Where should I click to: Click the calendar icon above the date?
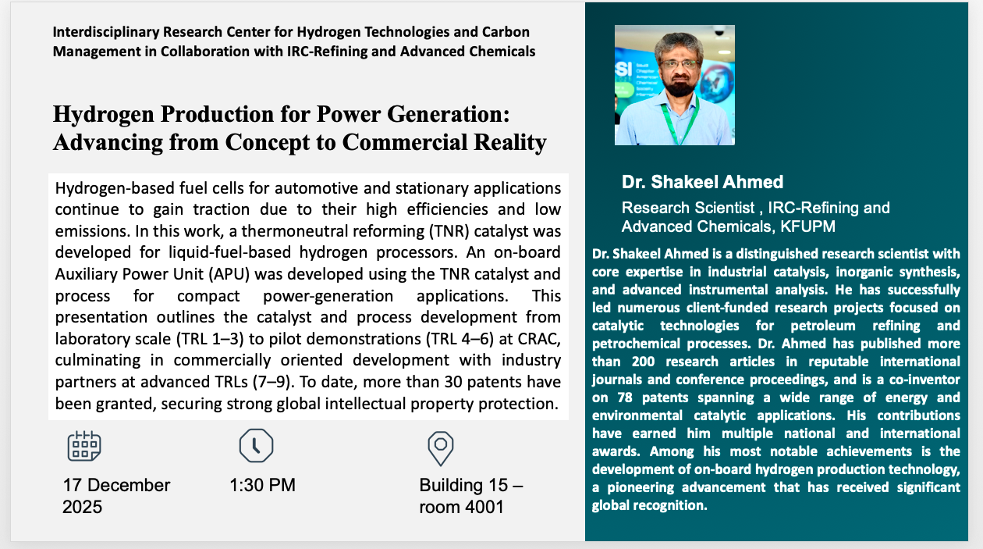[84, 446]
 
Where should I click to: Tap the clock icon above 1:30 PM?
[256, 445]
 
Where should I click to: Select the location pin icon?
[441, 448]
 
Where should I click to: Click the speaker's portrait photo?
[675, 85]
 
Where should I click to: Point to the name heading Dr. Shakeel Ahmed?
[702, 182]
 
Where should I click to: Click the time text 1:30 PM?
[262, 485]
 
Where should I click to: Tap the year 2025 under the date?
[82, 507]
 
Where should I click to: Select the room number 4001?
[484, 507]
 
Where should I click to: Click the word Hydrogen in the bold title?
[104, 115]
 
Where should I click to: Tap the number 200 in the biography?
[643, 362]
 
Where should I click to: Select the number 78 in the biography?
[624, 397]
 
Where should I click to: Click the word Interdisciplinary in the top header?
[106, 32]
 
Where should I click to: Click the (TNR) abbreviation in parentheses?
[449, 231]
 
